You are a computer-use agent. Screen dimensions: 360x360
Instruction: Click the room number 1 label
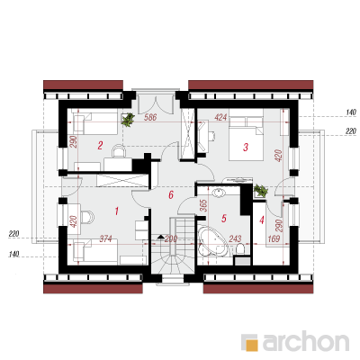tap(116, 211)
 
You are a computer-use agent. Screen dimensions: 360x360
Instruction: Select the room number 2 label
tap(100, 146)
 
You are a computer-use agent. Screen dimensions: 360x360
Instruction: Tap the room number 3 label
tap(246, 148)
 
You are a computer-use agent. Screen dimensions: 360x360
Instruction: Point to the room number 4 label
tap(262, 220)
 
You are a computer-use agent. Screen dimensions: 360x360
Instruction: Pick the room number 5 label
tap(223, 218)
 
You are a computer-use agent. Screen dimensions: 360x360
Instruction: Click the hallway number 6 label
tap(171, 195)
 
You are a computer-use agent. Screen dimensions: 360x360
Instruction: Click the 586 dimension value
tap(150, 117)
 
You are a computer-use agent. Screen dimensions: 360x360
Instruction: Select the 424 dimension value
tap(220, 117)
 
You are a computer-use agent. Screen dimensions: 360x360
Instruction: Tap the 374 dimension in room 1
tap(105, 238)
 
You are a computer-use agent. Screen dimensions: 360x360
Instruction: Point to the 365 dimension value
tap(203, 206)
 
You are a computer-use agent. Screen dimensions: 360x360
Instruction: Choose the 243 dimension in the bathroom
tap(235, 238)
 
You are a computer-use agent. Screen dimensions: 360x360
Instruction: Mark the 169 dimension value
tap(274, 238)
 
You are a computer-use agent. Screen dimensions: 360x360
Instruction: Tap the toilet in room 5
tap(239, 248)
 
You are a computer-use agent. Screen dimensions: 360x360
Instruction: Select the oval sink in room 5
tap(219, 193)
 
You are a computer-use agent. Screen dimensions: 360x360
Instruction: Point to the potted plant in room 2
tap(128, 120)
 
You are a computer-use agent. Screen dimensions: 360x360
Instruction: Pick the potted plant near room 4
tap(260, 191)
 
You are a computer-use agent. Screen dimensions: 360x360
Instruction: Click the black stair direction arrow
tap(161, 237)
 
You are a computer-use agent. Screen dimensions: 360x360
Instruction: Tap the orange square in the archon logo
tap(253, 345)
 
